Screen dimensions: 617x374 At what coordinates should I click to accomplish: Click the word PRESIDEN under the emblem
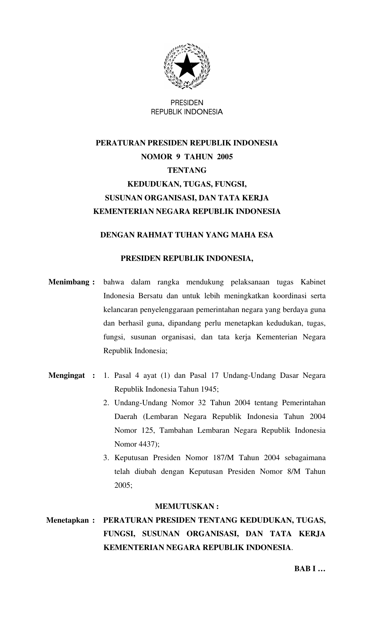[187, 103]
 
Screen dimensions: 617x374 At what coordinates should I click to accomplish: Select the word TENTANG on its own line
[187, 170]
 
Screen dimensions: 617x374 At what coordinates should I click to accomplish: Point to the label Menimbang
[69, 282]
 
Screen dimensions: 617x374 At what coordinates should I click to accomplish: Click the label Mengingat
[67, 375]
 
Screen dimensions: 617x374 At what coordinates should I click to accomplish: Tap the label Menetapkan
[67, 520]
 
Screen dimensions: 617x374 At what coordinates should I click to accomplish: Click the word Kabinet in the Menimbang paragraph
[313, 282]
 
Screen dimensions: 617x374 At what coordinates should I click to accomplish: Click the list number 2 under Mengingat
[106, 403]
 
